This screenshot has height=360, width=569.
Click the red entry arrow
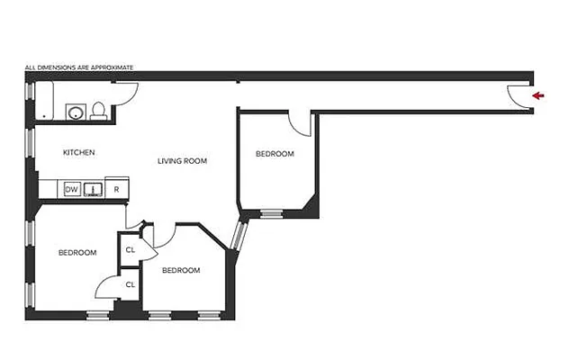[x=538, y=94]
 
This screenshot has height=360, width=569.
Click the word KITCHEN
[x=79, y=152]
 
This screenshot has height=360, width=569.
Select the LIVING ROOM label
[x=183, y=161]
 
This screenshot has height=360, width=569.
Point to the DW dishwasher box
[x=70, y=189]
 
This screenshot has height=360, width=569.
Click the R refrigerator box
[x=117, y=189]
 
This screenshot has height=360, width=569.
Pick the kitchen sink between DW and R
[x=94, y=189]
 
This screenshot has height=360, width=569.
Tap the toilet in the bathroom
[x=100, y=110]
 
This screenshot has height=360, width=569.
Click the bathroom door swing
[x=127, y=93]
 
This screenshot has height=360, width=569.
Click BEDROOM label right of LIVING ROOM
[x=275, y=154]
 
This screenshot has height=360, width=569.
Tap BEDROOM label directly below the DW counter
[x=77, y=252]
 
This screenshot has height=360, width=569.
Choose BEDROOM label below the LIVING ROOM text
[x=181, y=269]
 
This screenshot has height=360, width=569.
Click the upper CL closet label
[x=131, y=249]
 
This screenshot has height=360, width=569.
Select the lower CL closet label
[x=131, y=284]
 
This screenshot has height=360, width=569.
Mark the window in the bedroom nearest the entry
[x=271, y=213]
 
